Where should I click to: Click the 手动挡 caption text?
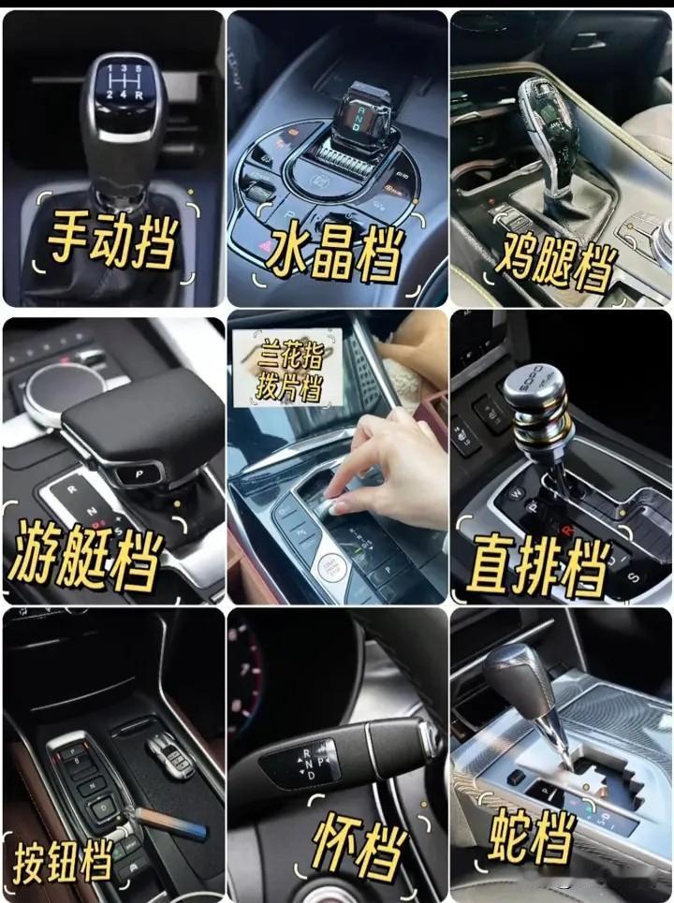click(111, 238)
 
